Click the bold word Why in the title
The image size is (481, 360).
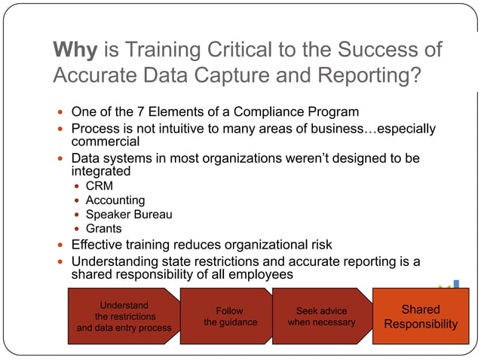75,50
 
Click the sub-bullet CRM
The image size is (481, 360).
99,186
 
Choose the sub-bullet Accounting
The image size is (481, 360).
115,200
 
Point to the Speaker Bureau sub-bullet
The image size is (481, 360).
128,215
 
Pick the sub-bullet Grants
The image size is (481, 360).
103,229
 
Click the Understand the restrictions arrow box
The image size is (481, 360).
124,316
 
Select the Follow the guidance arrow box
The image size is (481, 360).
230,316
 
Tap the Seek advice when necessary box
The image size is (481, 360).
321,316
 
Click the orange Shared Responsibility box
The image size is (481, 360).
420,316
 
